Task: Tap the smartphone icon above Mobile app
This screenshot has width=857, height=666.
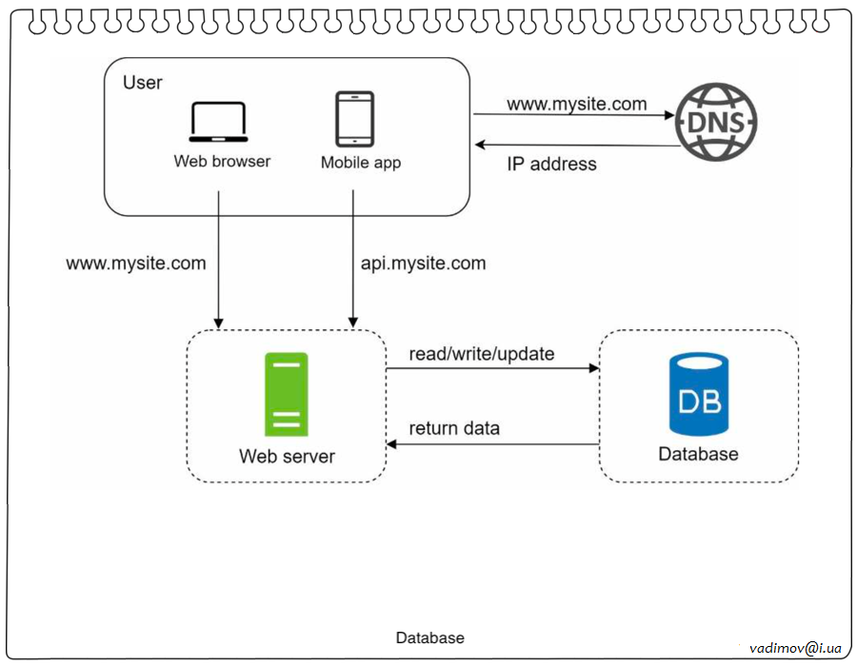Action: [x=354, y=118]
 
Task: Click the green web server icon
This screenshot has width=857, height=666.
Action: [x=287, y=394]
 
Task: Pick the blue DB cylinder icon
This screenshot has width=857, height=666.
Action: [x=698, y=395]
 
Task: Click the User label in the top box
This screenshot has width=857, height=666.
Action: [x=143, y=83]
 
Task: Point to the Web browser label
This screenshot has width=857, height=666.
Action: [x=222, y=161]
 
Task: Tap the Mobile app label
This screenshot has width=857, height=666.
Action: [x=361, y=163]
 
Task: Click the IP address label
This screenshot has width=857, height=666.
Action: [x=551, y=164]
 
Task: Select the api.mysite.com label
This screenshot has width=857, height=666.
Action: [x=424, y=263]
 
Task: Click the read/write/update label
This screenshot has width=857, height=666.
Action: [x=482, y=354]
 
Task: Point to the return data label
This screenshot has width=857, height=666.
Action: [x=454, y=428]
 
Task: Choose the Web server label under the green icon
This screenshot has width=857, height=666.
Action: [x=287, y=457]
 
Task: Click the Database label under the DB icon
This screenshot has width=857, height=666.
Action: [x=698, y=454]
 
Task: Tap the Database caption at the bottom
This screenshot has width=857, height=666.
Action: [x=430, y=638]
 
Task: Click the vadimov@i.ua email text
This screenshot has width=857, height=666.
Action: [x=796, y=647]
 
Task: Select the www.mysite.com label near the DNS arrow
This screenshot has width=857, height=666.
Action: [x=577, y=104]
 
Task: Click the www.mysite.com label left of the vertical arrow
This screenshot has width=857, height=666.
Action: [x=136, y=263]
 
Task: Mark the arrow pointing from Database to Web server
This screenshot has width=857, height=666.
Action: [x=492, y=444]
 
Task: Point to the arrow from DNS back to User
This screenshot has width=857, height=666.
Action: [x=576, y=145]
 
